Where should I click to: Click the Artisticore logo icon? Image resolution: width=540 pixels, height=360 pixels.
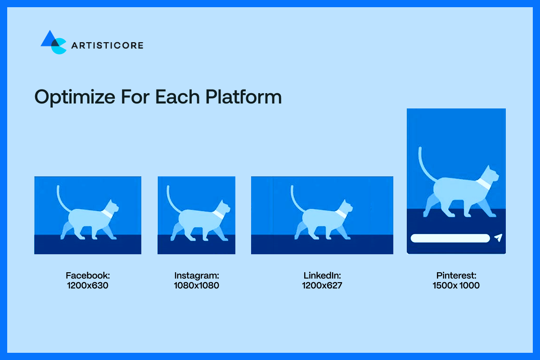54,42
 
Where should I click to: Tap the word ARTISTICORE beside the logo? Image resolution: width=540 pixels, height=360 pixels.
107,45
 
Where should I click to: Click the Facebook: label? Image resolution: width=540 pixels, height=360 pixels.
87,275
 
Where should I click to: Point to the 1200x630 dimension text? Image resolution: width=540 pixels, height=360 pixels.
87,285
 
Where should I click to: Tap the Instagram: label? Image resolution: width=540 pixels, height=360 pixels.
196,275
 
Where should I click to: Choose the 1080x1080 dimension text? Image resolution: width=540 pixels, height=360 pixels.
196,285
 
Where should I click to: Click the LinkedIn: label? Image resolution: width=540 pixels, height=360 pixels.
322,275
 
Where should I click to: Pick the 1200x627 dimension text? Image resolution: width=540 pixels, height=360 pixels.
322,285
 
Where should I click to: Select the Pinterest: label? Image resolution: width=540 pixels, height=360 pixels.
456,275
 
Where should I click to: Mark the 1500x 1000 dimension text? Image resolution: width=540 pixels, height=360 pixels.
456,285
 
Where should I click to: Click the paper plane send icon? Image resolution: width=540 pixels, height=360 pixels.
497,238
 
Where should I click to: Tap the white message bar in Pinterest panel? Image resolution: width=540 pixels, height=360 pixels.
450,238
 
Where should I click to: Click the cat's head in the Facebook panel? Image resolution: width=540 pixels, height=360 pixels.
112,207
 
